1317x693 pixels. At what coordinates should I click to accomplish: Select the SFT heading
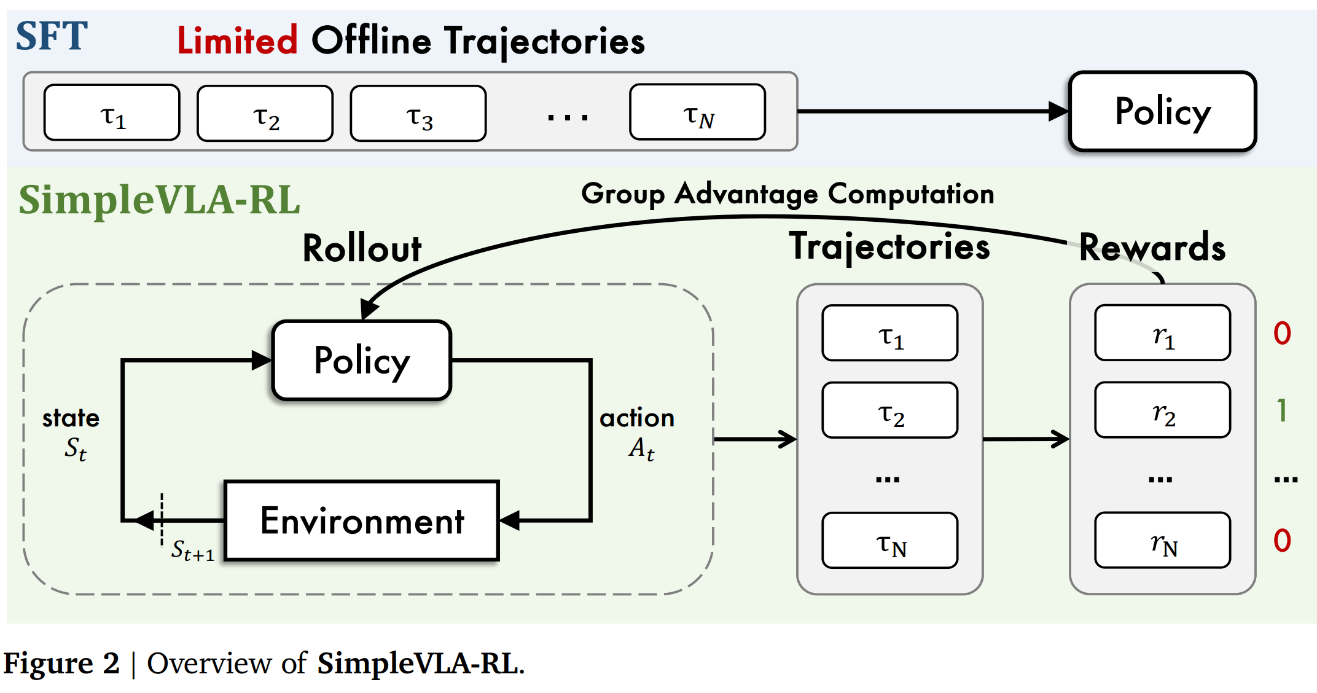click(x=52, y=37)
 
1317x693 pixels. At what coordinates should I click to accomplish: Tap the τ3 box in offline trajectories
click(x=418, y=114)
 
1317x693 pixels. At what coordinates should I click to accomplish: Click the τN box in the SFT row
click(x=697, y=112)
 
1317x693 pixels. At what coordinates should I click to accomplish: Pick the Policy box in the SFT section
click(x=1162, y=112)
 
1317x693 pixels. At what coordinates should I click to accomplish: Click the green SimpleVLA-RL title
click(x=159, y=200)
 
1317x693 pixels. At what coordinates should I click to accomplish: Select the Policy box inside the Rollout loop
click(x=362, y=361)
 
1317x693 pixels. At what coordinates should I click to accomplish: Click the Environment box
click(x=362, y=521)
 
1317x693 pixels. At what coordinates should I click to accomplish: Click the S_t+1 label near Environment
click(x=192, y=550)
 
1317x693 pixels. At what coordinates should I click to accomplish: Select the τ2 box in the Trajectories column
click(x=889, y=410)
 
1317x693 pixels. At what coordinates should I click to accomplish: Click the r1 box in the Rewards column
click(x=1162, y=333)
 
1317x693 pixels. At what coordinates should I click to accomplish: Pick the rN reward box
click(x=1162, y=541)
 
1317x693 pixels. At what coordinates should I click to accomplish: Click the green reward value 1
click(x=1282, y=410)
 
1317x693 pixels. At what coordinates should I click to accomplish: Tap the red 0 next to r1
click(x=1282, y=333)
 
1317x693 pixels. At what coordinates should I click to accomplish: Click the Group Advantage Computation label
click(x=787, y=194)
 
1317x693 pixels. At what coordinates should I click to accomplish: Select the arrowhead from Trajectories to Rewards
click(x=1061, y=439)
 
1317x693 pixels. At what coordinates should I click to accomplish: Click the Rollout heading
click(x=362, y=249)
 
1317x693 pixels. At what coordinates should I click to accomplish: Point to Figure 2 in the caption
click(x=61, y=664)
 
